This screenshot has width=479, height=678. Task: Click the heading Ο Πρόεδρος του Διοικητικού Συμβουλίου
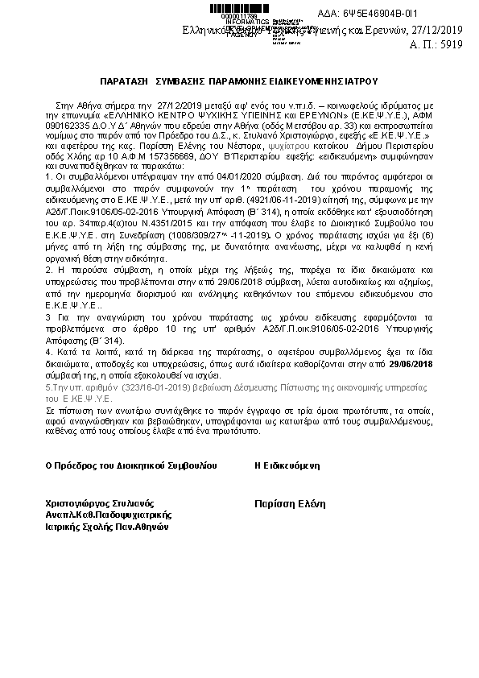[131, 465]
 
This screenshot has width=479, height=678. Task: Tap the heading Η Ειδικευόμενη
[287, 465]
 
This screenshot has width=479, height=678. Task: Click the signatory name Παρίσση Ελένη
[289, 503]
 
